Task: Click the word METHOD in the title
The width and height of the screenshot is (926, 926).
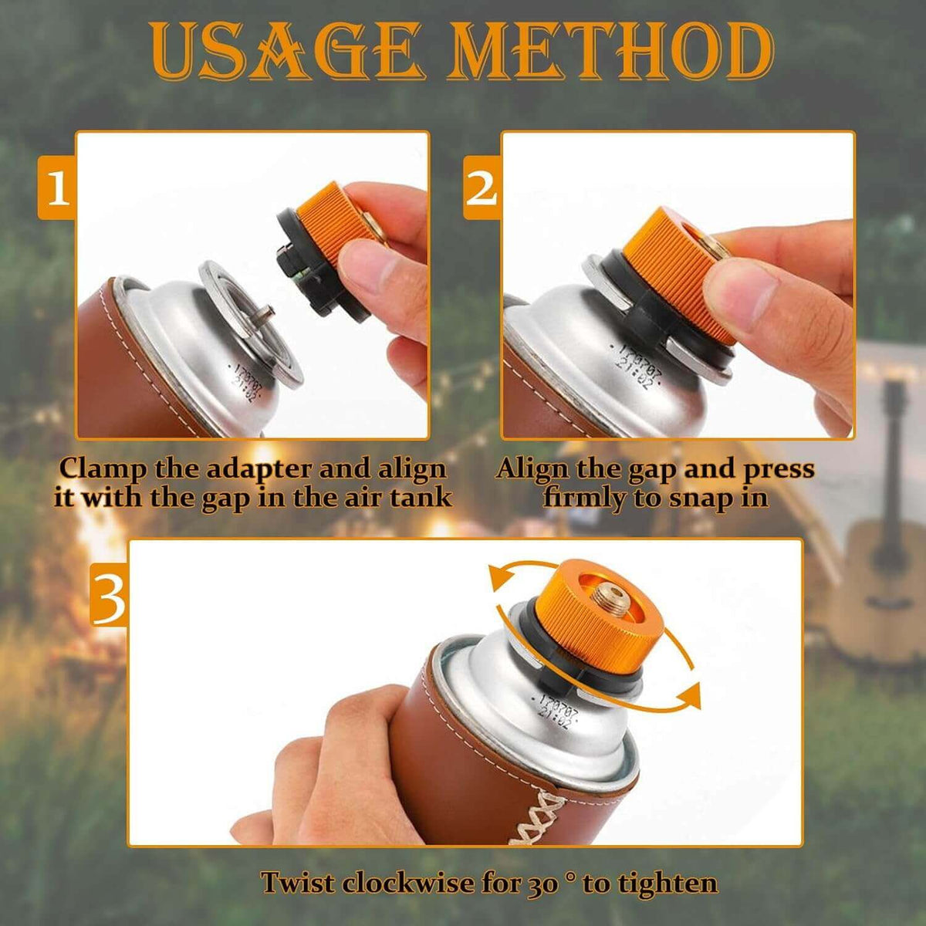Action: (x=610, y=52)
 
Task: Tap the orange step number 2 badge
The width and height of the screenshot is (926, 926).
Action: (x=482, y=188)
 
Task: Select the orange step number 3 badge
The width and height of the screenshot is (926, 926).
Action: (x=110, y=596)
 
